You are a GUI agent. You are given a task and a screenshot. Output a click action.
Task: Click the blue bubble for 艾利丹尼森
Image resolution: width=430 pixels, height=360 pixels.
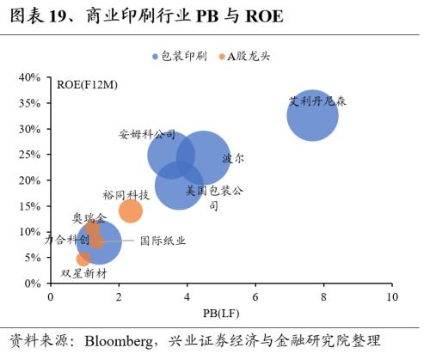tap(311, 113)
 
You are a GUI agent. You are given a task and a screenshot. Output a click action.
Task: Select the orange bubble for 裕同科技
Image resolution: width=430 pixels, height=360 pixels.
tap(130, 211)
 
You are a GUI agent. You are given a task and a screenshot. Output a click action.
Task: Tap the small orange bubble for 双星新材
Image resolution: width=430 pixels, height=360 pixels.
tap(83, 259)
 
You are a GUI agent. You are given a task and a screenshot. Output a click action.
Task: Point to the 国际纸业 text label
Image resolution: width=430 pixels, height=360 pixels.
tap(163, 241)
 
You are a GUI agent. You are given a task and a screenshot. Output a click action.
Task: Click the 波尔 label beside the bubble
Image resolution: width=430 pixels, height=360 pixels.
tap(233, 159)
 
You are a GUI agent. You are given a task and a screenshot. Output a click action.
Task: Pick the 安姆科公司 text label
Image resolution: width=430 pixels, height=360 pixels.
tap(147, 135)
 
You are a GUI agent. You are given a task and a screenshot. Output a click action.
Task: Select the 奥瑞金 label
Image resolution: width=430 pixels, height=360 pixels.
tap(89, 218)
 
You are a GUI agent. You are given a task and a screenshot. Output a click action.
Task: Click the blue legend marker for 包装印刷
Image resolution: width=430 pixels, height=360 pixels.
tap(156, 57)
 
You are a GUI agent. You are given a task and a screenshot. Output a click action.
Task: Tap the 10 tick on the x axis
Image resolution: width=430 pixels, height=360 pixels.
tap(391, 296)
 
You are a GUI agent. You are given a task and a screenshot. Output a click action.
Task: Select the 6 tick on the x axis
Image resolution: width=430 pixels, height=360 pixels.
tap(255, 296)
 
